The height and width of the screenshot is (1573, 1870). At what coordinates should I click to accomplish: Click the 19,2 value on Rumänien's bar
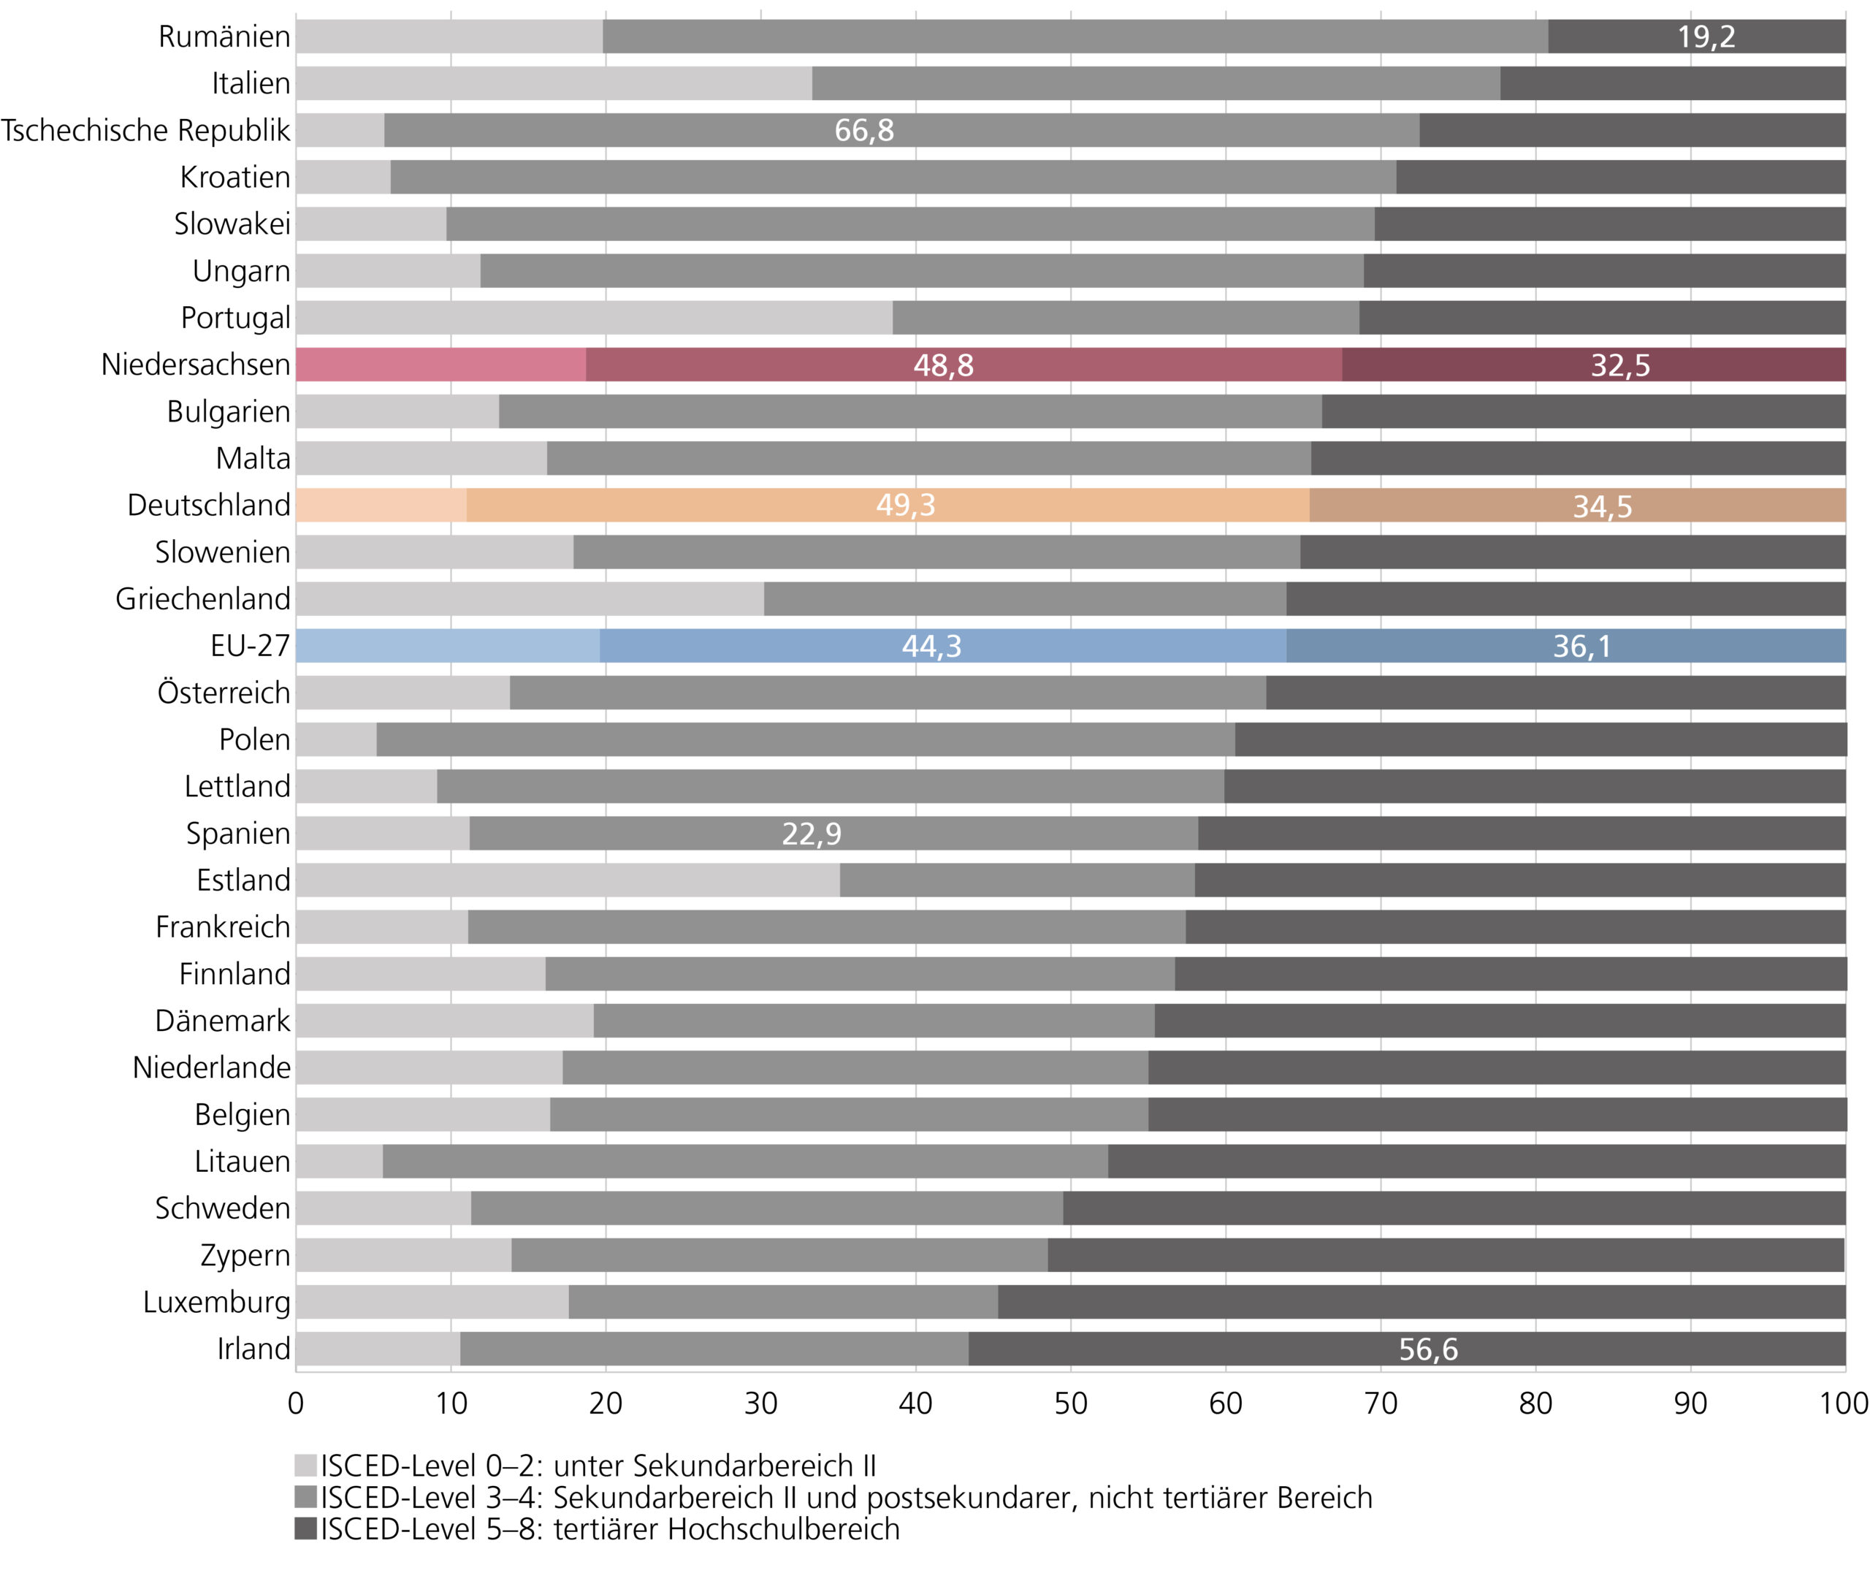(x=1706, y=37)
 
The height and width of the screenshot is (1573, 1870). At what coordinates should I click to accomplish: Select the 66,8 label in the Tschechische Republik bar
(x=863, y=130)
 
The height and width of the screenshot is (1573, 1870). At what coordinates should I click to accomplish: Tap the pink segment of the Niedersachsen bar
(x=441, y=365)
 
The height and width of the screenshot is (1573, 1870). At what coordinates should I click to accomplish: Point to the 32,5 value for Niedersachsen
(x=1619, y=365)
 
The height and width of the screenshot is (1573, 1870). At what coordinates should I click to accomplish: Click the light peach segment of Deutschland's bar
(x=381, y=505)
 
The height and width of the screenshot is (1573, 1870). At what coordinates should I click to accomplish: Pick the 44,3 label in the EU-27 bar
(x=931, y=646)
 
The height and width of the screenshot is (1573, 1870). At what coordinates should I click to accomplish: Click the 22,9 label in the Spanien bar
(x=811, y=834)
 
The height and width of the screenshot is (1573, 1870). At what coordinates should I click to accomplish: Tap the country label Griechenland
(x=202, y=599)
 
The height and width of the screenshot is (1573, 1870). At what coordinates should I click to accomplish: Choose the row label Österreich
(x=224, y=693)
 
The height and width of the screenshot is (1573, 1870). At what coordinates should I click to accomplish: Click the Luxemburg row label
(x=217, y=1302)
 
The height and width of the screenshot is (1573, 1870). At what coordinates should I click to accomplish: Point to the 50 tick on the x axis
(x=1070, y=1403)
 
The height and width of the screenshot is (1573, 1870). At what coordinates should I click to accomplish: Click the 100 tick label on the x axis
(x=1843, y=1403)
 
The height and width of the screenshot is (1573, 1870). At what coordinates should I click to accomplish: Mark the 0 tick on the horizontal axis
(x=296, y=1403)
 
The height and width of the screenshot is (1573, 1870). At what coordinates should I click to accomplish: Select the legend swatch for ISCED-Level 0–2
(x=306, y=1466)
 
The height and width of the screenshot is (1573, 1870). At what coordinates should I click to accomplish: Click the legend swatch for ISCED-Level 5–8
(x=306, y=1528)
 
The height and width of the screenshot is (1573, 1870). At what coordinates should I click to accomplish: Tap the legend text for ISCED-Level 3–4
(x=846, y=1497)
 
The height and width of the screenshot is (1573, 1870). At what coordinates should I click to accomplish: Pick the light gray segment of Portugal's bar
(x=594, y=318)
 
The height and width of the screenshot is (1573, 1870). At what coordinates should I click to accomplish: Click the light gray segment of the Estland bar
(x=567, y=880)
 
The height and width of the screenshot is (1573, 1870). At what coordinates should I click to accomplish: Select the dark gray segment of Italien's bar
(x=1672, y=83)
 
